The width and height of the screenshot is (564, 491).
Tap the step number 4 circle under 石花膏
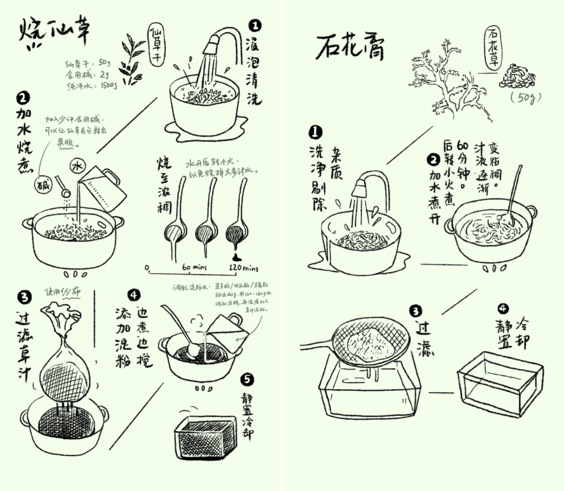pyautogui.click(x=503, y=309)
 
